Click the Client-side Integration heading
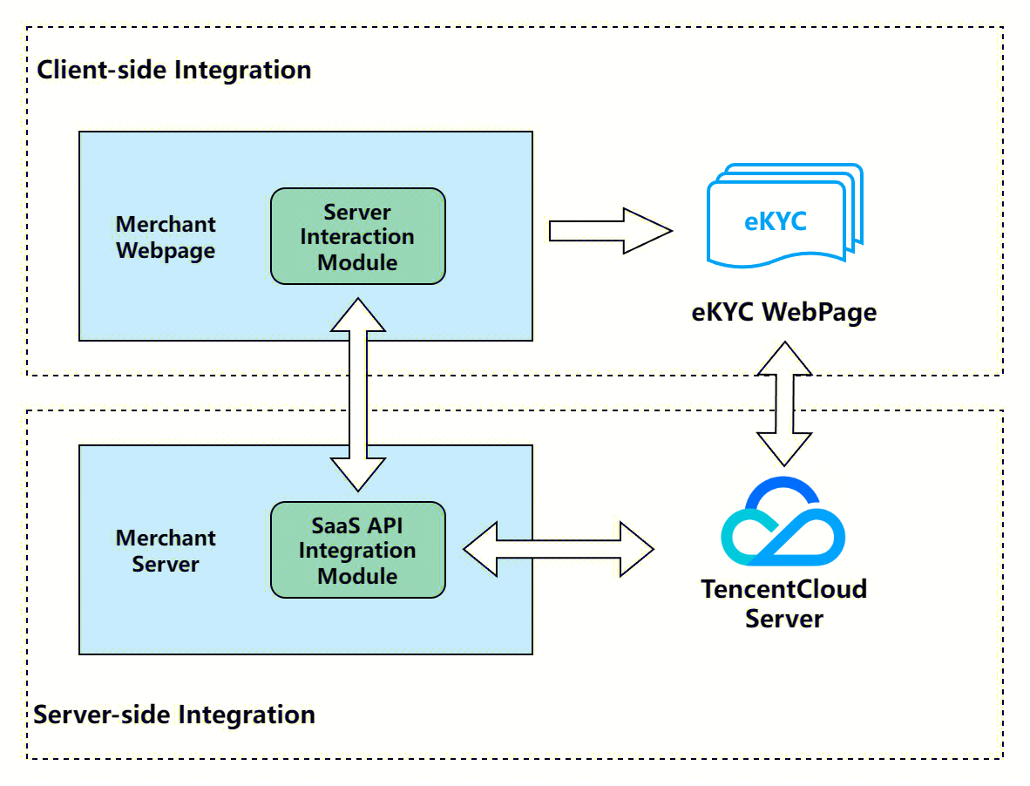[x=173, y=70]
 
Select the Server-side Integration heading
[x=174, y=715]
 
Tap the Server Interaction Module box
[x=357, y=236]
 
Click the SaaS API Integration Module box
[x=357, y=550]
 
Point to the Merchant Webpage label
[x=166, y=237]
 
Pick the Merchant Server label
[x=166, y=551]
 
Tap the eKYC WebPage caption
[x=783, y=311]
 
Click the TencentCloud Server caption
[x=783, y=604]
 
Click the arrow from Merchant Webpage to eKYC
[x=610, y=231]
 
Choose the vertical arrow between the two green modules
[x=357, y=394]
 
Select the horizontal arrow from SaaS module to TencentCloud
[x=558, y=549]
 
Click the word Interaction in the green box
[x=357, y=237]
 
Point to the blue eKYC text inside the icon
[x=775, y=221]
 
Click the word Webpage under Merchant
[x=166, y=251]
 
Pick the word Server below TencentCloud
[x=783, y=619]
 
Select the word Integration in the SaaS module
[x=357, y=551]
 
